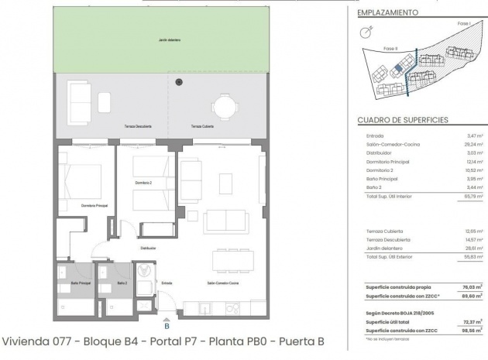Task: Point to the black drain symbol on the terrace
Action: pyautogui.click(x=179, y=81)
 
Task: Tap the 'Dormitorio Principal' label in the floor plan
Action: pyautogui.click(x=94, y=206)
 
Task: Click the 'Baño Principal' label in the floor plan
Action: pyautogui.click(x=80, y=283)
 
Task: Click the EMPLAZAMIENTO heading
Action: pyautogui.click(x=388, y=13)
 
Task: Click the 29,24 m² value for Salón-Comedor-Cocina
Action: pyautogui.click(x=472, y=144)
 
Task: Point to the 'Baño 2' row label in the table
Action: pyautogui.click(x=374, y=187)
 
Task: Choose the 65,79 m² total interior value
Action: pyautogui.click(x=472, y=197)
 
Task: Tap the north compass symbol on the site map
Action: pyautogui.click(x=367, y=32)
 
